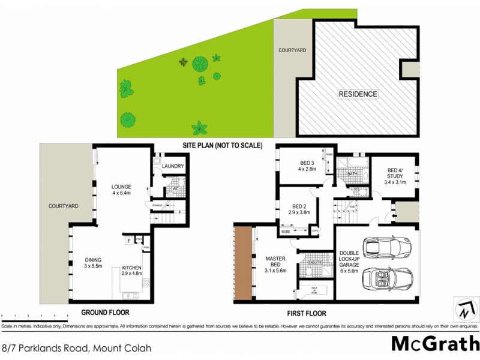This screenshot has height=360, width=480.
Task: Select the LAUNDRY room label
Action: coord(173,166)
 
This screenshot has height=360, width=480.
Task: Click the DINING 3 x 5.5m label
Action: coord(94,263)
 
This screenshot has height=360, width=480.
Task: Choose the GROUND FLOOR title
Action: coord(106,313)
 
